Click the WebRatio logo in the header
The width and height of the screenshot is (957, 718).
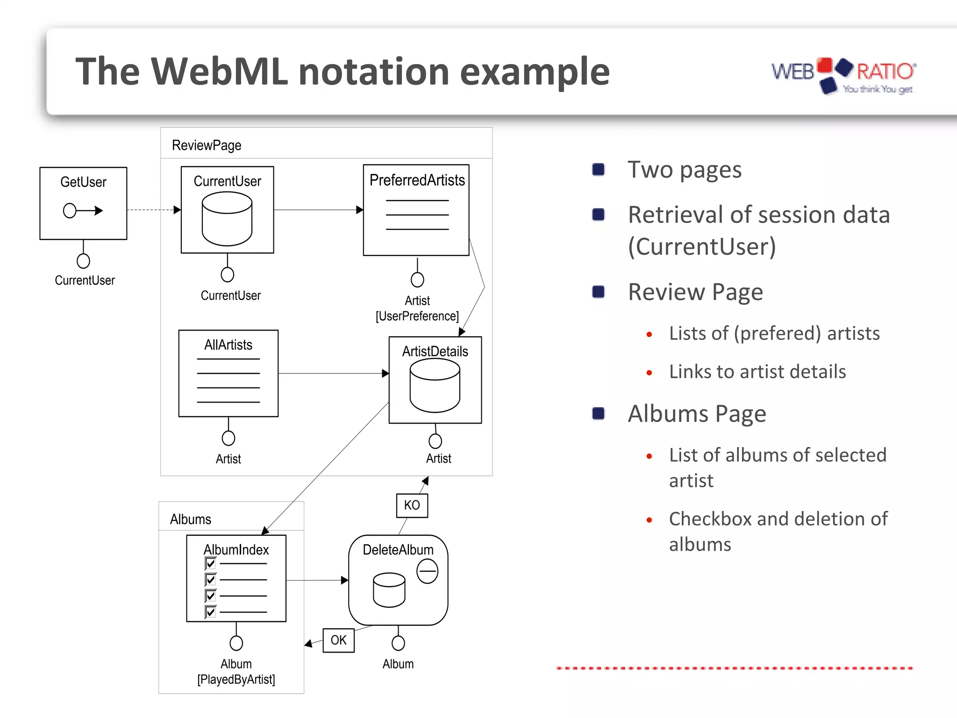click(843, 75)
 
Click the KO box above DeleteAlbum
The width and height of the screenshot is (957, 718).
click(412, 505)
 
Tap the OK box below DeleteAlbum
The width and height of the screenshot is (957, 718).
click(338, 640)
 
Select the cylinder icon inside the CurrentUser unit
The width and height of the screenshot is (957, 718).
click(227, 219)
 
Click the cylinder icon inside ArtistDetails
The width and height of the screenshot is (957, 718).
click(435, 385)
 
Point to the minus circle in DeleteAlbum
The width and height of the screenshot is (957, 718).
click(427, 571)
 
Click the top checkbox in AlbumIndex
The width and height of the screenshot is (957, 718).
click(210, 563)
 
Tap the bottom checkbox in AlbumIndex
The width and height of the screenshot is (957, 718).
click(210, 611)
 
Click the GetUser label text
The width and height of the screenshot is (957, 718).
click(83, 182)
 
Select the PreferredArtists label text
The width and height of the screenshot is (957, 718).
click(417, 180)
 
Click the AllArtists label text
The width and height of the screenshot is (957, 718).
click(228, 345)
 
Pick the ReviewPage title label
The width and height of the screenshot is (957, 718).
click(207, 145)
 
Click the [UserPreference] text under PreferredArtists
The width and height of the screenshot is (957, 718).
click(417, 316)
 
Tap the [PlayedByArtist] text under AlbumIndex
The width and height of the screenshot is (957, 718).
click(236, 679)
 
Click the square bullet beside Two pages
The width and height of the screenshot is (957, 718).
click(598, 169)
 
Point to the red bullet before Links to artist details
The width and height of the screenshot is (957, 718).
click(649, 373)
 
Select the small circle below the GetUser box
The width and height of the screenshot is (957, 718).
click(83, 261)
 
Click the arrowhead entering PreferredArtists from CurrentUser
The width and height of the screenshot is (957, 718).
click(359, 210)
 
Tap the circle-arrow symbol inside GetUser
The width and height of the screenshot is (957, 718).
click(83, 211)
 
